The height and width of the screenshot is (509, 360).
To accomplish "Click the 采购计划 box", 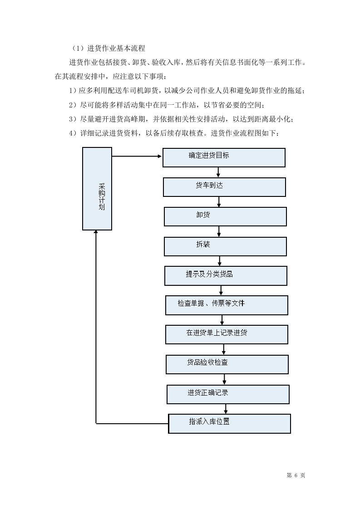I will (x=97, y=189).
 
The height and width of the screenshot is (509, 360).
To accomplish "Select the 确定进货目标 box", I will (x=224, y=157).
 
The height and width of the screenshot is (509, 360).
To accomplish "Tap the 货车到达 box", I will (x=224, y=187).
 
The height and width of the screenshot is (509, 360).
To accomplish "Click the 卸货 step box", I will (x=225, y=216).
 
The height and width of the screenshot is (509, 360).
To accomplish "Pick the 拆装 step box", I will (x=225, y=246).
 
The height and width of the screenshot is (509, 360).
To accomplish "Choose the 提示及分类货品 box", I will (x=226, y=276).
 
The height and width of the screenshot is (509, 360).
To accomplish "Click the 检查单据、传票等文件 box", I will (x=227, y=305).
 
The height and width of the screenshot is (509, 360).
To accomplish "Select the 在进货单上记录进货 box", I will (x=227, y=334).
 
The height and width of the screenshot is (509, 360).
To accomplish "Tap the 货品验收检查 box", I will (x=227, y=364).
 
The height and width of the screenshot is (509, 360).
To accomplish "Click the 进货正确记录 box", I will (x=228, y=394).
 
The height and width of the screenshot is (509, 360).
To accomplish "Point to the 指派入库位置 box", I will (x=229, y=423).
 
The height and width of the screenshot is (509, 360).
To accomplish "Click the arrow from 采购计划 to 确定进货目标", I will (x=137, y=157).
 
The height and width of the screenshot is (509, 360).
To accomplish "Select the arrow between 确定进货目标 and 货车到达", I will (x=218, y=172).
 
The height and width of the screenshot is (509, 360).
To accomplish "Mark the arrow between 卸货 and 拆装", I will (x=219, y=231).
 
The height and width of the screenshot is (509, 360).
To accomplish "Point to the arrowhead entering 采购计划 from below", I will (x=96, y=233).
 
